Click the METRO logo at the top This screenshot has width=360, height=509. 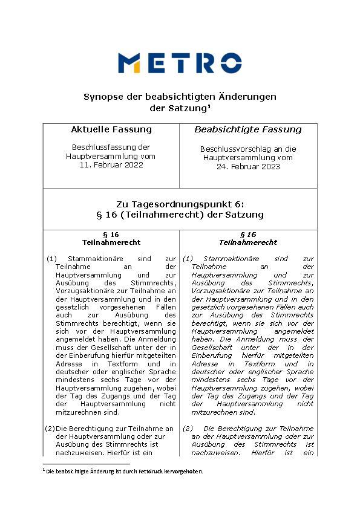(180, 63)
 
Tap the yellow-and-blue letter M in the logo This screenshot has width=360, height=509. (129, 63)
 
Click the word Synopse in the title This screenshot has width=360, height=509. (102, 97)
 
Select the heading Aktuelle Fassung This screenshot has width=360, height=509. (111, 129)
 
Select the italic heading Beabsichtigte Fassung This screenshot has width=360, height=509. (247, 129)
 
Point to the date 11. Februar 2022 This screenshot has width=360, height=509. (111, 164)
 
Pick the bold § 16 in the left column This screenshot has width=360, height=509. (111, 234)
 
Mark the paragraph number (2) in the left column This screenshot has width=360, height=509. (51, 429)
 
